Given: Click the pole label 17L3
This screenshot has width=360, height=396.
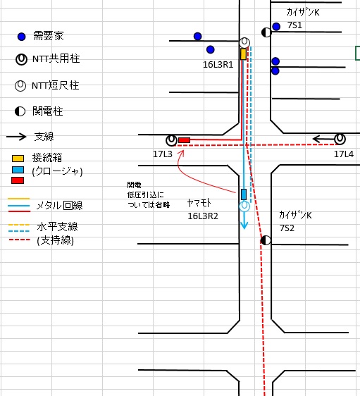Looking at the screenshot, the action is pos(163,154).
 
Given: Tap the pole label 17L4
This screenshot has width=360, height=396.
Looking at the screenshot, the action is pos(344,154).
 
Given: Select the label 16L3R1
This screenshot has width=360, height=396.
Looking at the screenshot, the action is pos(218,65).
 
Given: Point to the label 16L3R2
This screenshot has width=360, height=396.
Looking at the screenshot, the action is pos(203,216).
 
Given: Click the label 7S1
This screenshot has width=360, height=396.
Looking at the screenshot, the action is pos(294,25).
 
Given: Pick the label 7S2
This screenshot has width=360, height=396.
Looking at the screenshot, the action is pos(287,228).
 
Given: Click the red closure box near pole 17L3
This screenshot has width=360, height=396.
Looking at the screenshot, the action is pos(185,140).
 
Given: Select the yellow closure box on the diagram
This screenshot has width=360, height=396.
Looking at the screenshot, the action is pos(243,54).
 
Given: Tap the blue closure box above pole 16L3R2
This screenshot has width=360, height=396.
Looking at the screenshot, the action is pos(244,194).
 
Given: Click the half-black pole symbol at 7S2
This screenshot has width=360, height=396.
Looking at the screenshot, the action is pos(266,240).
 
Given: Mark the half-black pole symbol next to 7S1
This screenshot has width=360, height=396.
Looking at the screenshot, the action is pos(266,32).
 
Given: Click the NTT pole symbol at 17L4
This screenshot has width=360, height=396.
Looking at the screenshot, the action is pos(340,139).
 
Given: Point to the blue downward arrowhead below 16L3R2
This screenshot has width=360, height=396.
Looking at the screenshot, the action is pos(244,225).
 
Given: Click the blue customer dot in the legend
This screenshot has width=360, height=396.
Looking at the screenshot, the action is pos(22,37).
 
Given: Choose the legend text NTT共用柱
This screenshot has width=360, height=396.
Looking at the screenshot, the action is pos(56,58).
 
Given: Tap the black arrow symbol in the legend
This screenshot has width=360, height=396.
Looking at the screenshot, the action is pos(16,137).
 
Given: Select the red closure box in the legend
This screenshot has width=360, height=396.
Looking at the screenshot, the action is pos(18,180).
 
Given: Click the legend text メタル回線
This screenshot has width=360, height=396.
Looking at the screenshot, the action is pos(60,205).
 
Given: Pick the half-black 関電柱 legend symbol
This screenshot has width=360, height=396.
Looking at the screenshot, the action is pos(20,111).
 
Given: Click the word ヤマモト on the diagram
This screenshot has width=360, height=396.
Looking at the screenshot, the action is pos(199,203).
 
